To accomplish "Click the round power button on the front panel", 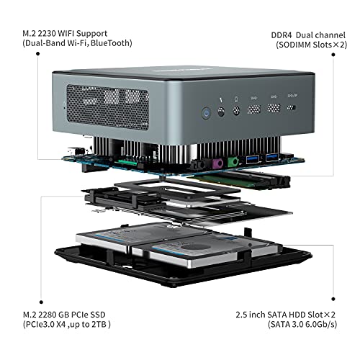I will pos(207,113).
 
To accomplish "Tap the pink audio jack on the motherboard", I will pos(217,163).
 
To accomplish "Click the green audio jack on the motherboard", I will pos(233,161).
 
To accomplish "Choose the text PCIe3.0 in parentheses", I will pos(40,325).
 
